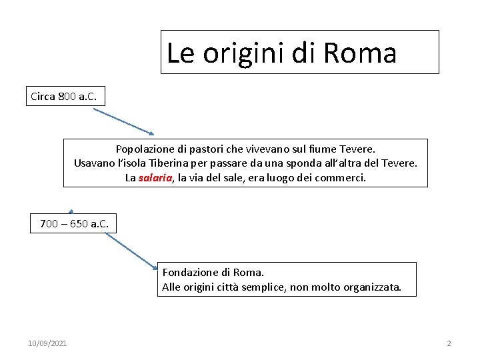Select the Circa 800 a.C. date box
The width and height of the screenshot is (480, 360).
(64, 97)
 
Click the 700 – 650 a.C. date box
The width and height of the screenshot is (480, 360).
(74, 223)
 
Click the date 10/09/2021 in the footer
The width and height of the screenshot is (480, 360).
(47, 343)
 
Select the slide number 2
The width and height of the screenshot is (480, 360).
(449, 343)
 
